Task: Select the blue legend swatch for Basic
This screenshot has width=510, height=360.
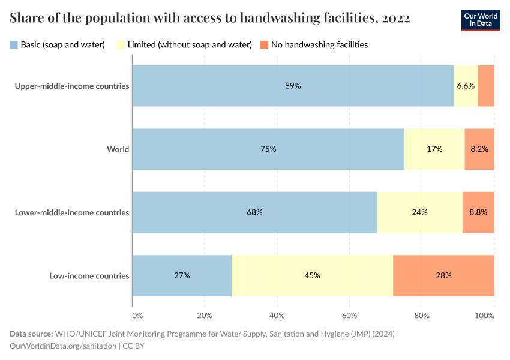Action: click(14, 44)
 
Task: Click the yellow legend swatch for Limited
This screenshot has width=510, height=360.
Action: click(120, 44)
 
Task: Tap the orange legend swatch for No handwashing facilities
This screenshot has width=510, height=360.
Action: click(263, 44)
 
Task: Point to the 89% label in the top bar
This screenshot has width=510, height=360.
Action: click(293, 86)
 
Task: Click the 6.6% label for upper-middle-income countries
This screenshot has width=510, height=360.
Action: click(466, 86)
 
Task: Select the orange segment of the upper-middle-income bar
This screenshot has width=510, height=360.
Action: click(486, 86)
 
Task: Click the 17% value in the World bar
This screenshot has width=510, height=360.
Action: click(434, 149)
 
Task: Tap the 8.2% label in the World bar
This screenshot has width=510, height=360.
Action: click(479, 149)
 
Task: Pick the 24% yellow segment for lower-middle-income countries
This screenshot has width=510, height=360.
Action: click(419, 212)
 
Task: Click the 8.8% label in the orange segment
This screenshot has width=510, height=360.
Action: click(478, 212)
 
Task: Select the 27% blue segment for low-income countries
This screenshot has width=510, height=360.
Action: click(182, 275)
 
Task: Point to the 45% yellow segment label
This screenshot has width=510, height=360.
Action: click(312, 275)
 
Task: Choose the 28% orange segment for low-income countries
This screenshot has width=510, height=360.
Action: click(443, 275)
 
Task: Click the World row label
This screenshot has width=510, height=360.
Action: click(118, 149)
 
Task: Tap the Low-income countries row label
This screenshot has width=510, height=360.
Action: click(89, 276)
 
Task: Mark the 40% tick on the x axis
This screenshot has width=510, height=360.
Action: click(277, 315)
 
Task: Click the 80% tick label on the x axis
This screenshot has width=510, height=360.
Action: click(422, 315)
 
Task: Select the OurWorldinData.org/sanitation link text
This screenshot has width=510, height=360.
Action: click(63, 346)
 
